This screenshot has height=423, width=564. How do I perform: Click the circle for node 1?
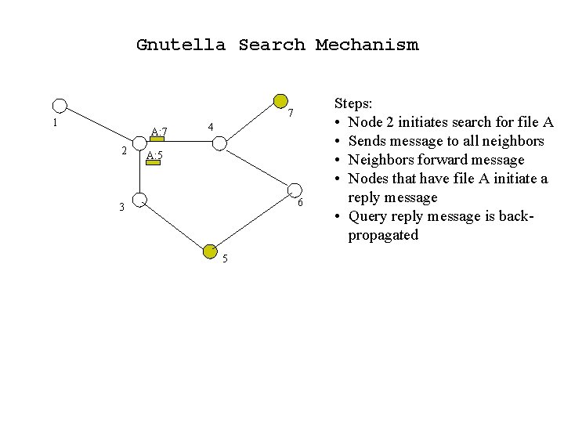(60, 106)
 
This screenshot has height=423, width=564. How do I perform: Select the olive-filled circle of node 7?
(280, 101)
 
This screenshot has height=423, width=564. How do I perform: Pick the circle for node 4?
(219, 143)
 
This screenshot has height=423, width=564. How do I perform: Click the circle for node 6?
(295, 190)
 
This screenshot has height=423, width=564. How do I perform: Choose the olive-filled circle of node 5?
(210, 251)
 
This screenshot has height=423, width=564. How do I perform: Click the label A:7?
(159, 131)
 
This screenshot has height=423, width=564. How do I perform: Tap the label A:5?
(154, 156)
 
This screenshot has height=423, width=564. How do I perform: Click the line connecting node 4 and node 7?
(250, 122)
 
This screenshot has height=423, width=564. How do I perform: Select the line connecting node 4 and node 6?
(257, 166)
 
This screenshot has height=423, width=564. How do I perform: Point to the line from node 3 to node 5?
(174, 226)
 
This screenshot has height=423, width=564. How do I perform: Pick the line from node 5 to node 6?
(252, 220)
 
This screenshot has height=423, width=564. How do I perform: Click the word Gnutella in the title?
(181, 45)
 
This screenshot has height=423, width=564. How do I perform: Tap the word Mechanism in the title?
(367, 45)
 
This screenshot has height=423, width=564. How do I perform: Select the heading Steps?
(355, 103)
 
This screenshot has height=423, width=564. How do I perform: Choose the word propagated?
(384, 235)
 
